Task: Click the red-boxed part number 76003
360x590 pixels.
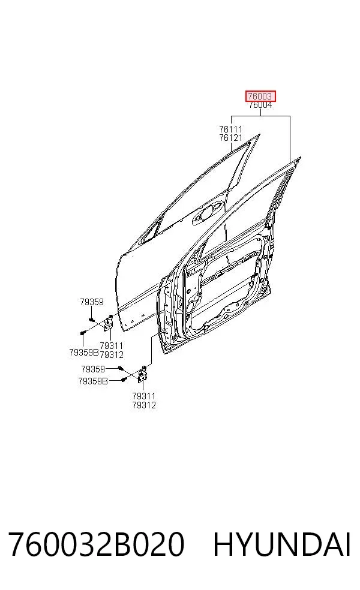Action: [x=260, y=97]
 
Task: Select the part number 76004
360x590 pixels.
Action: [x=260, y=105]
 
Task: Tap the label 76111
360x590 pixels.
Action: [x=231, y=130]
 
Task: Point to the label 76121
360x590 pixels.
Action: [x=231, y=138]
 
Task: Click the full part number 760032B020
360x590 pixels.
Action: [x=97, y=544]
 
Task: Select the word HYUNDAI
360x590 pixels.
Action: [x=282, y=544]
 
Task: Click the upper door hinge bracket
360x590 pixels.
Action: [x=108, y=323]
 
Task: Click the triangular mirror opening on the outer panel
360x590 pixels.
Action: [x=151, y=231]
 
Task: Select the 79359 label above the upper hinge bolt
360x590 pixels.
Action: [x=92, y=302]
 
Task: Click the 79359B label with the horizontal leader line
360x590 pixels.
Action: [x=93, y=381]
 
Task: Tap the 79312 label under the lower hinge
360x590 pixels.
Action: [x=144, y=405]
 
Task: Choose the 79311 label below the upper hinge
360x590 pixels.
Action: [x=112, y=346]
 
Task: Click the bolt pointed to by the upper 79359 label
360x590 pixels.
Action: [x=92, y=320]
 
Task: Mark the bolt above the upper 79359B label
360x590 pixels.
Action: [x=83, y=333]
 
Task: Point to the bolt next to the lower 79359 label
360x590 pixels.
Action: [x=120, y=368]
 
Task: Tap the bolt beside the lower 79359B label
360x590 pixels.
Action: [x=123, y=380]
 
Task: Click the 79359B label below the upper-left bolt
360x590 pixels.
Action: [x=84, y=353]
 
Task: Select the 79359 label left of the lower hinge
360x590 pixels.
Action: [x=93, y=369]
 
